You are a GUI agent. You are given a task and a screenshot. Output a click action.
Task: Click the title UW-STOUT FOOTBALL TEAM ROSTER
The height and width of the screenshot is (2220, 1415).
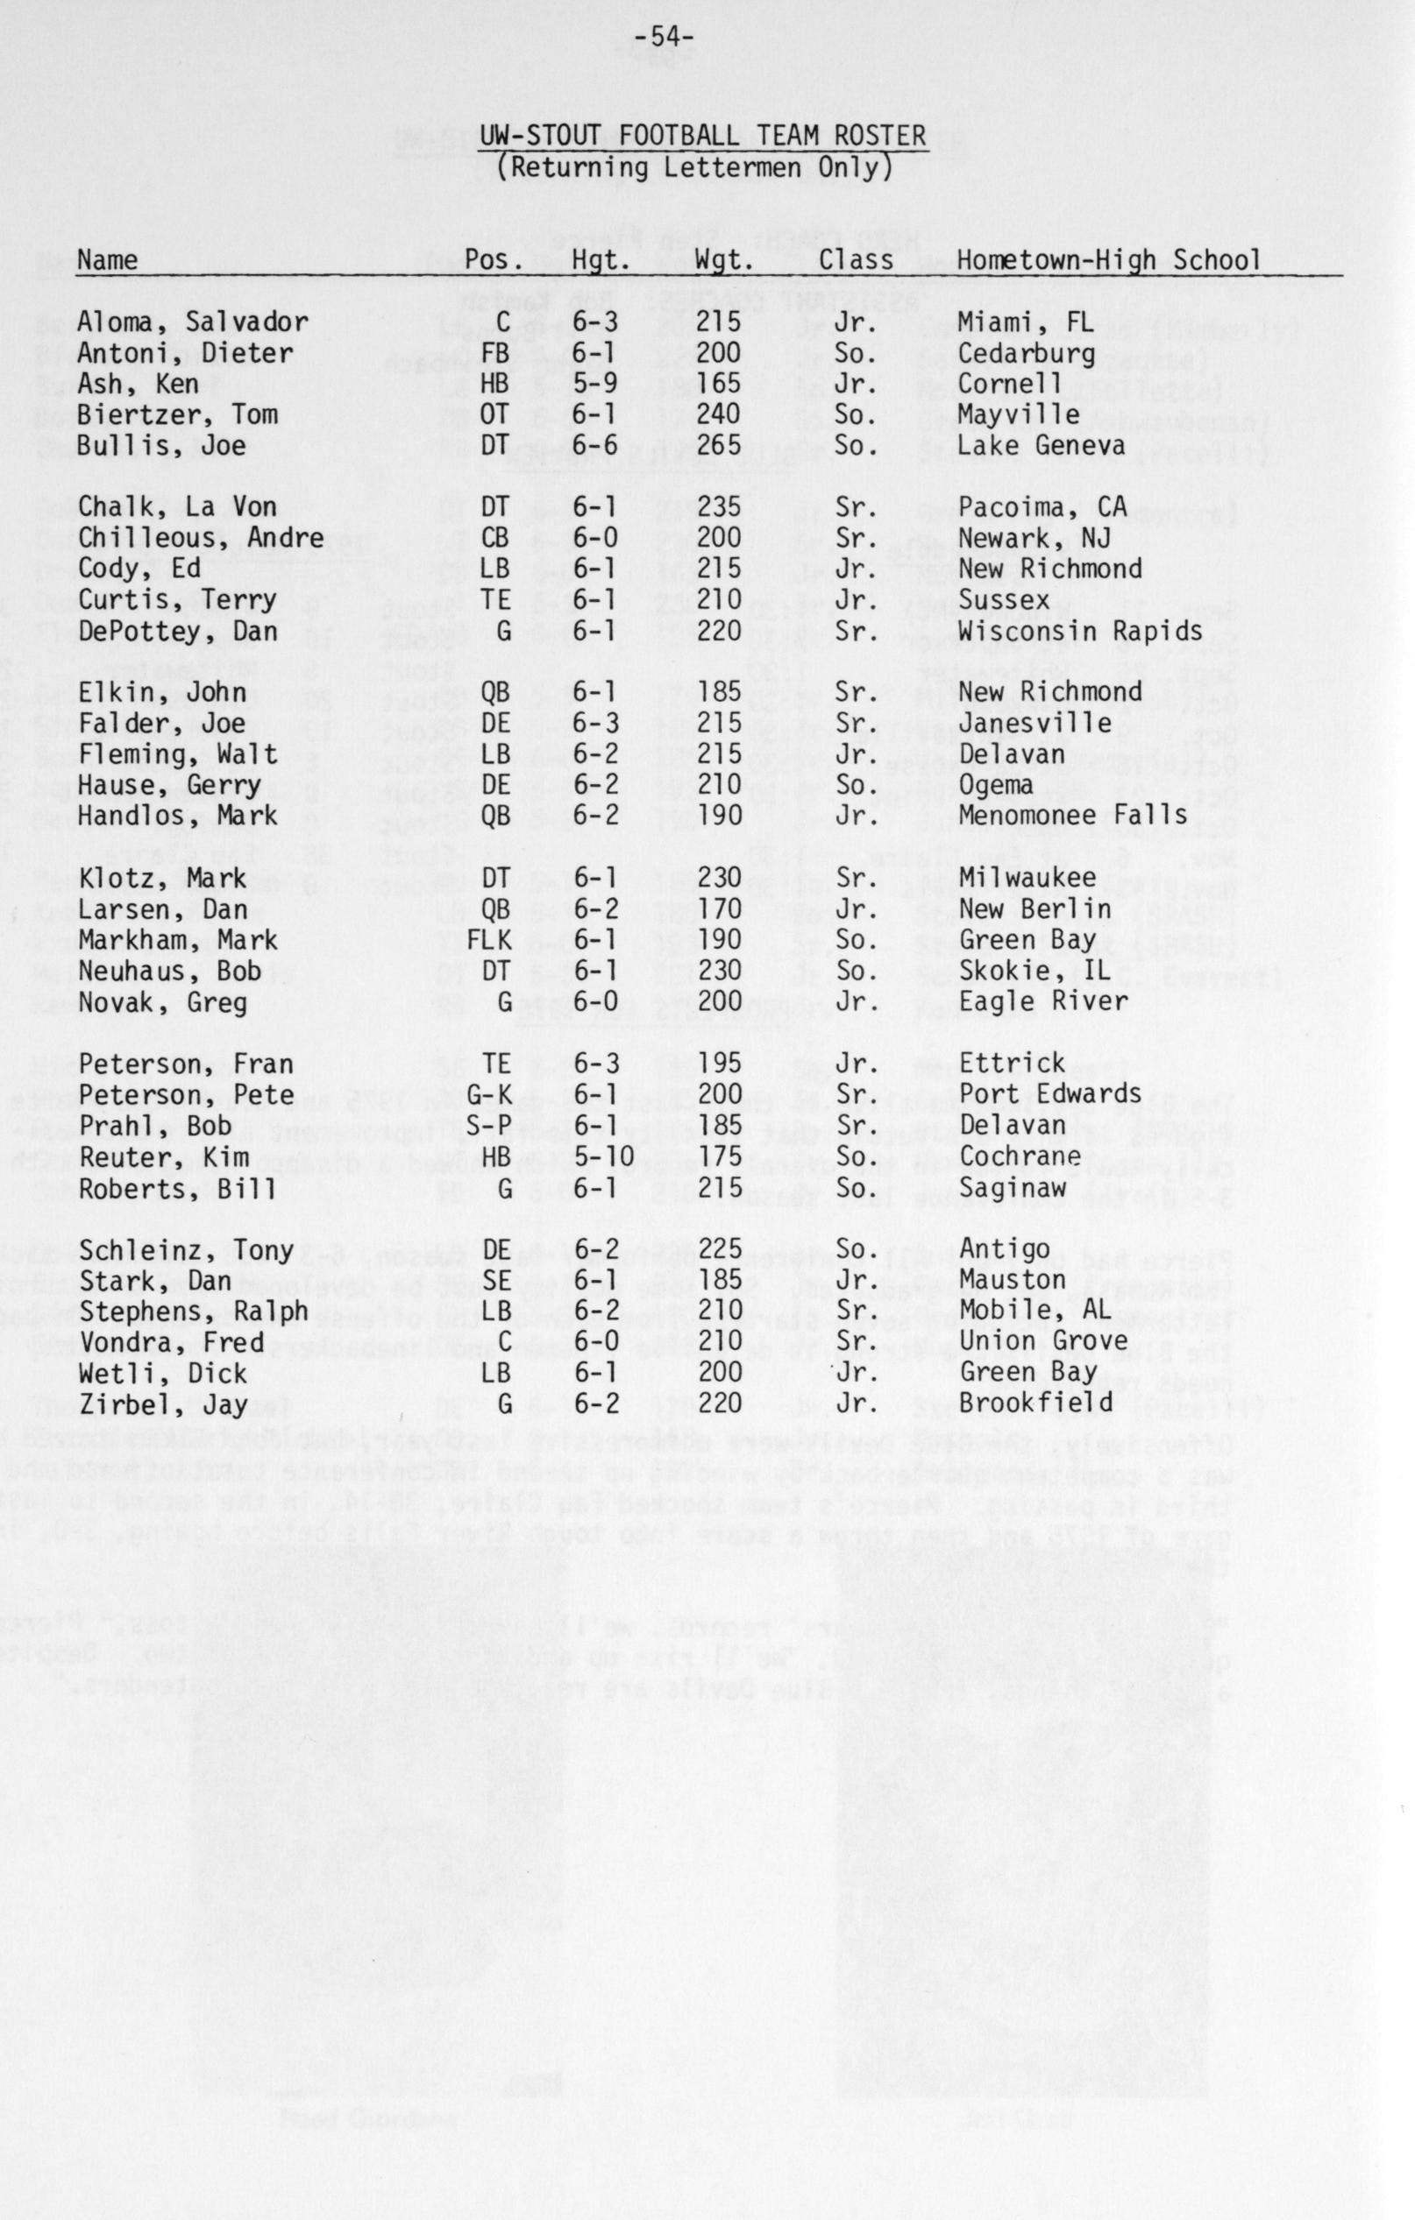702,137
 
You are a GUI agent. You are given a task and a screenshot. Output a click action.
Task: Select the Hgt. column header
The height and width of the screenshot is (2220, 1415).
601,261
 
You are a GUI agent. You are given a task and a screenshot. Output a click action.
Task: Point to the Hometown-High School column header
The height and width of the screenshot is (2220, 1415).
1108,261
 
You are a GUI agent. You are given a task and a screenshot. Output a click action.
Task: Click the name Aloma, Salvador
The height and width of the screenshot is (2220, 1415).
193,323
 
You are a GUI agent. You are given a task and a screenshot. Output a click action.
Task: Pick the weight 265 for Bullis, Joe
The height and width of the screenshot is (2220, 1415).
718,446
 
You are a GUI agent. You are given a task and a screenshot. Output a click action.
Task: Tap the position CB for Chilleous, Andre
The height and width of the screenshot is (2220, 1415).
494,539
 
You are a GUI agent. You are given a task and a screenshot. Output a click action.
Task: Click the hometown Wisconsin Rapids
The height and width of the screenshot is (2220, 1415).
1080,632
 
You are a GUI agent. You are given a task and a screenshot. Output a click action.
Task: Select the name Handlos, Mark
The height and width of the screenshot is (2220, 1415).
177,816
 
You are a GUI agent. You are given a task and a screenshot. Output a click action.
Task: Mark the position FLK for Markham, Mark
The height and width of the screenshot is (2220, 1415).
487,940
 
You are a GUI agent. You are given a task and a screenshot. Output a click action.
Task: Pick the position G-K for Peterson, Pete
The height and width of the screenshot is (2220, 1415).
487,1095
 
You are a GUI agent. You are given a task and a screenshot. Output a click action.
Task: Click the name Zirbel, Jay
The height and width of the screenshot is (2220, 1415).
162,1405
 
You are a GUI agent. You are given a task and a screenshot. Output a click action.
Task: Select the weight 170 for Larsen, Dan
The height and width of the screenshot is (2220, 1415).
718,909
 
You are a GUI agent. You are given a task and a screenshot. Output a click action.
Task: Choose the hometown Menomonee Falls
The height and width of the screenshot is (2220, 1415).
1073,816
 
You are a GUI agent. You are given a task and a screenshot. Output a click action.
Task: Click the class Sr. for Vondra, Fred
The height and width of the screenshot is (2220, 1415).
854,1342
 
